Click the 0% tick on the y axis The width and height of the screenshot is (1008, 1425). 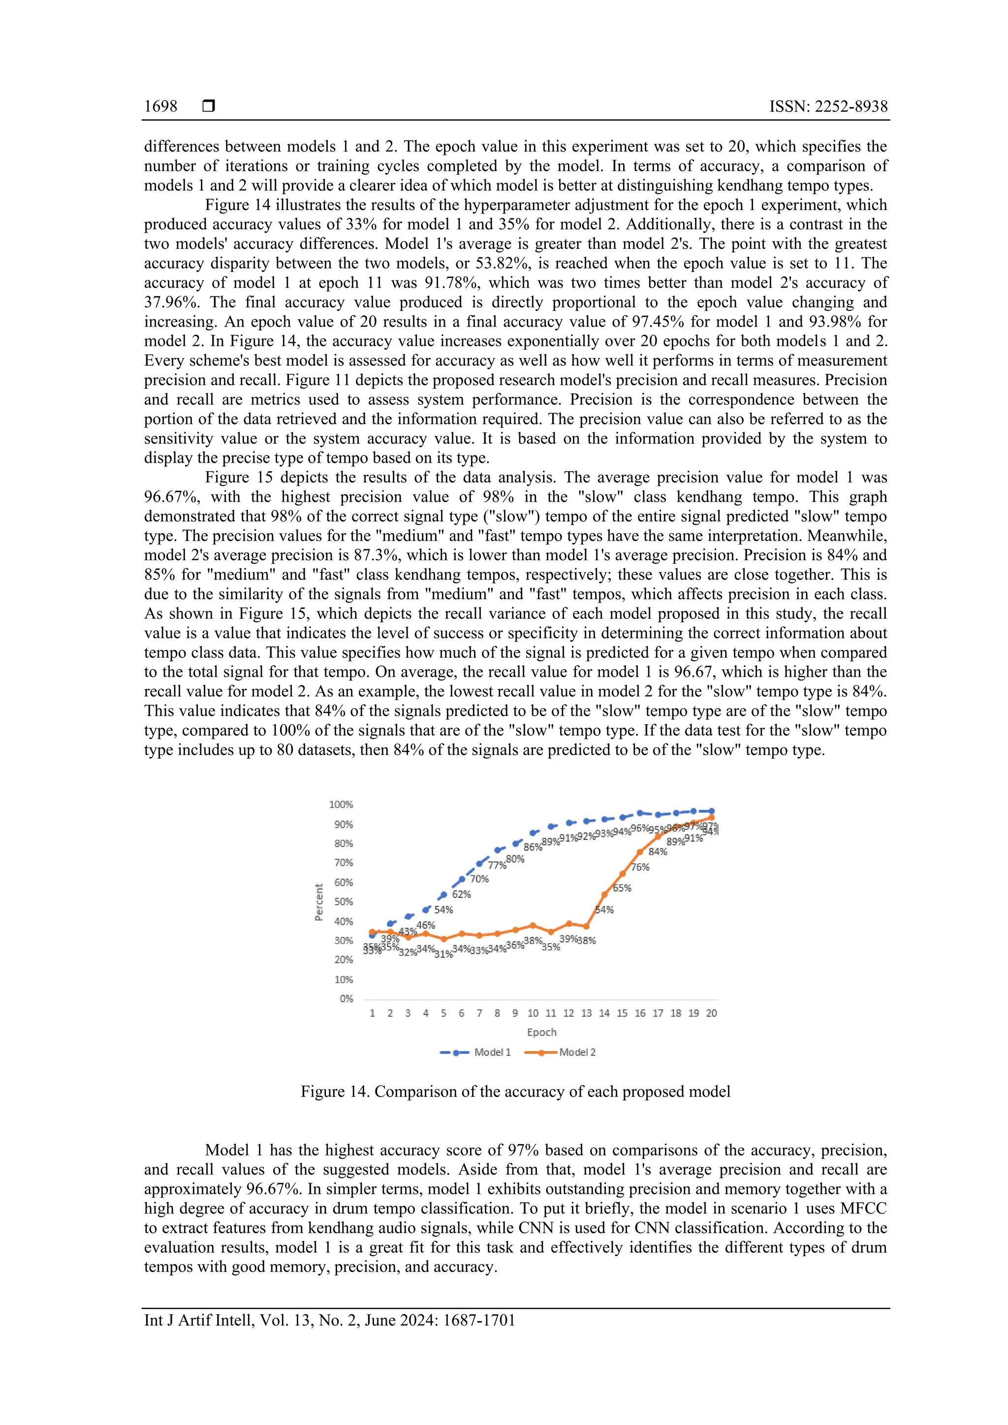coord(346,999)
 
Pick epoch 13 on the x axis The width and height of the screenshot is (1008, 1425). coord(586,1013)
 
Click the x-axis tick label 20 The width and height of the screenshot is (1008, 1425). coord(711,1013)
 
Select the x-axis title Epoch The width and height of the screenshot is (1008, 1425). coord(541,1032)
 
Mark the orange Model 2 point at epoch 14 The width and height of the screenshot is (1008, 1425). coord(604,895)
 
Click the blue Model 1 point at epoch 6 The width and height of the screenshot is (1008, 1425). coord(462,879)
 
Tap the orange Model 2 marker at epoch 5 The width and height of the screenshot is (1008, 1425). coord(443,939)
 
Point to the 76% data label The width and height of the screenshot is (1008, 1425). coord(640,867)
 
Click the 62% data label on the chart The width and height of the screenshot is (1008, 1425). coord(462,894)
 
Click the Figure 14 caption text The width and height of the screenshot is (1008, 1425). coord(515,1091)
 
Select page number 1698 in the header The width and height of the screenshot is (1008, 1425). coord(161,107)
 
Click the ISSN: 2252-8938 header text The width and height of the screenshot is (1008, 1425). coord(828,107)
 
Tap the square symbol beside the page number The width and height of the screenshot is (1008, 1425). coord(209,107)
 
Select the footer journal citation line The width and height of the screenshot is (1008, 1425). coord(330,1320)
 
